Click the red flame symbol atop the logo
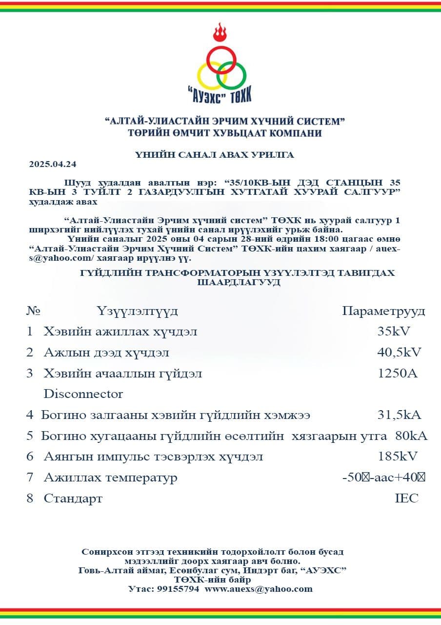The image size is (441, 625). click(220, 33)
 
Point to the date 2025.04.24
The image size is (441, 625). click(53, 164)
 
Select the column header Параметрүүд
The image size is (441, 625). click(383, 311)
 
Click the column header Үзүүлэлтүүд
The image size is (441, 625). click(137, 311)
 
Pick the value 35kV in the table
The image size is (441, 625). click(394, 332)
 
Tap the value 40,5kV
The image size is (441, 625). click(400, 352)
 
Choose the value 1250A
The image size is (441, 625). click(397, 374)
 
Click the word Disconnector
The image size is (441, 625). click(83, 394)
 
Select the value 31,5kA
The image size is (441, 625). click(399, 415)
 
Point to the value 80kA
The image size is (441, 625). click(411, 436)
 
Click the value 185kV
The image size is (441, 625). click(398, 457)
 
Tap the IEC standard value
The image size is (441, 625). click(406, 499)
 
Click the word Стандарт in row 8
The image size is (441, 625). click(73, 499)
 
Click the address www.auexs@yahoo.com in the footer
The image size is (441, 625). click(259, 589)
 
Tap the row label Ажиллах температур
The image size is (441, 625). click(111, 478)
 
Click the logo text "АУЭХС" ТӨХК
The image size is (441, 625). click(220, 96)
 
